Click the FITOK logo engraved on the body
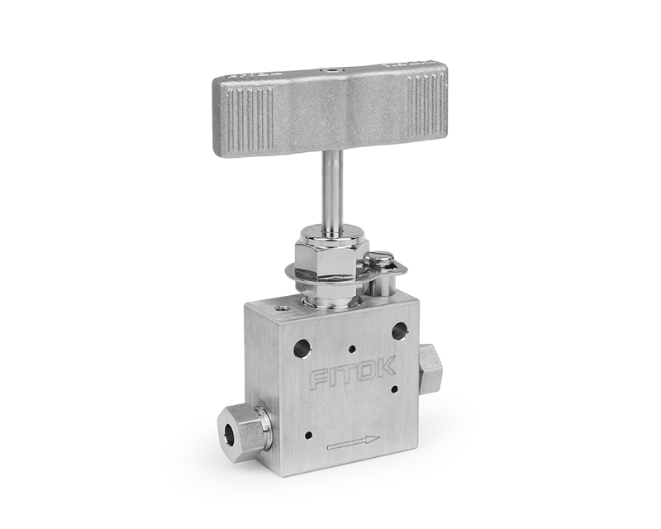click(353, 374)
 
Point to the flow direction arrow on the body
click(353, 442)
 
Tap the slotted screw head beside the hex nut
click(378, 257)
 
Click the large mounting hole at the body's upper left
click(302, 349)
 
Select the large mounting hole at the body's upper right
click(401, 331)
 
